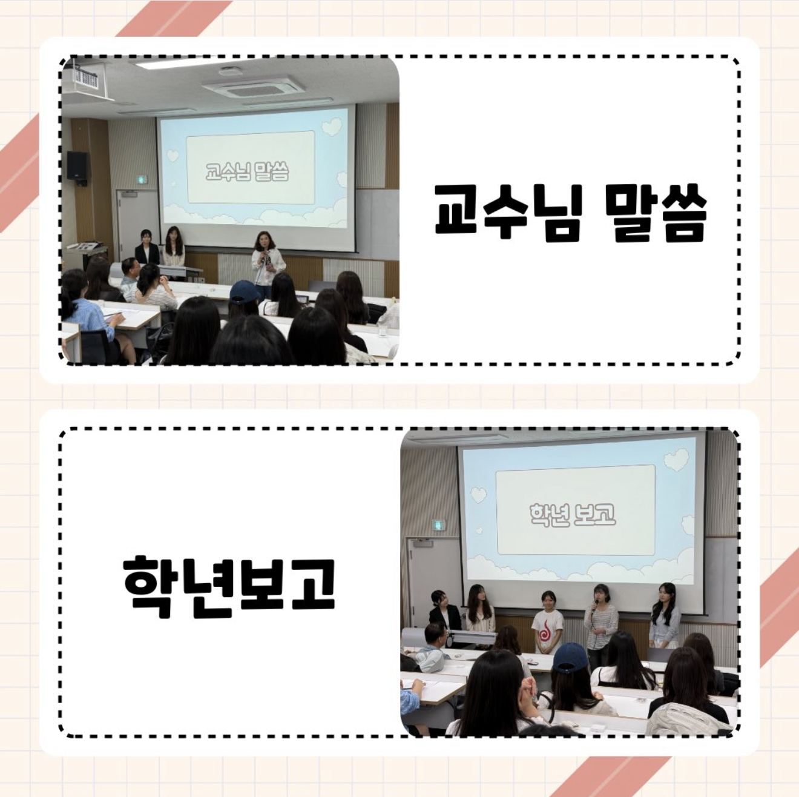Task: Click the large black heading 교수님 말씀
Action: point(570,213)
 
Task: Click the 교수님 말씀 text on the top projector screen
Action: point(247,172)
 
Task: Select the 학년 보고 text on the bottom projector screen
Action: point(573,514)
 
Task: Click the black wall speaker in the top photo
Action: point(77,167)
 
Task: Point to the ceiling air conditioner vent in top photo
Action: point(254,85)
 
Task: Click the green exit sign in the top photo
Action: point(142,180)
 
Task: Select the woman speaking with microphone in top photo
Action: point(268,264)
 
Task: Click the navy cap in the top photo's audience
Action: point(245,291)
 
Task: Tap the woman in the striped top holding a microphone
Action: point(600,621)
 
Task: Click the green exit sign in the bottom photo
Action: point(439,525)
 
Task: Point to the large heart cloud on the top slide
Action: point(332,127)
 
